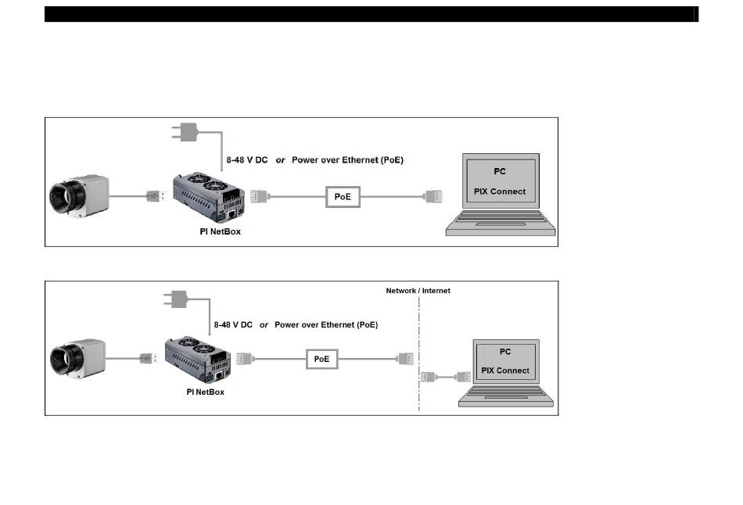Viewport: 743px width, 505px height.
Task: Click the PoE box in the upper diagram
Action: pyautogui.click(x=343, y=196)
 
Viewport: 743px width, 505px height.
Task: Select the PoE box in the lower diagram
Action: pyautogui.click(x=321, y=359)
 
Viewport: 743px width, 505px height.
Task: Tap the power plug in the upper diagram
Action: pyautogui.click(x=185, y=132)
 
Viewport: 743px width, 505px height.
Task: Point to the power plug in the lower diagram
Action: pyautogui.click(x=175, y=299)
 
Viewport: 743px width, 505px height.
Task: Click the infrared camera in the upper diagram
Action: pyautogui.click(x=79, y=196)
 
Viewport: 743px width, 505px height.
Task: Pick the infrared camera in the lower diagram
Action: pyautogui.click(x=77, y=359)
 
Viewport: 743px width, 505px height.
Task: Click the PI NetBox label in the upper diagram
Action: pyautogui.click(x=220, y=231)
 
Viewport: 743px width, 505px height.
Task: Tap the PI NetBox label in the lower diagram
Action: pyautogui.click(x=205, y=392)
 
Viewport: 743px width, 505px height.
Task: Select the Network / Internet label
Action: pyautogui.click(x=418, y=291)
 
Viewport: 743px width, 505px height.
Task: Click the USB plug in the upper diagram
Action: pyautogui.click(x=156, y=195)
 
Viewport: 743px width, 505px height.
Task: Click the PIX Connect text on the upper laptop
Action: pyautogui.click(x=500, y=192)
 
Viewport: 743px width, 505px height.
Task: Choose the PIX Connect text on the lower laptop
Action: pyautogui.click(x=505, y=371)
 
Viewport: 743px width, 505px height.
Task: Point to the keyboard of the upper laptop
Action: pyautogui.click(x=501, y=217)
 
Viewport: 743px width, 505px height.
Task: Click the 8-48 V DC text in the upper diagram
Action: pyautogui.click(x=247, y=160)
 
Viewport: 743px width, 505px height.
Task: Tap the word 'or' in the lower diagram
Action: pyautogui.click(x=264, y=325)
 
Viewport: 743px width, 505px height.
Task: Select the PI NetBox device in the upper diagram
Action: pyautogui.click(x=209, y=197)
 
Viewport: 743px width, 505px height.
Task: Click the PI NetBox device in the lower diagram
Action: pyautogui.click(x=198, y=360)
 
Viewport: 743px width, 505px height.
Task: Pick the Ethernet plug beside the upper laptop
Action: pyautogui.click(x=433, y=196)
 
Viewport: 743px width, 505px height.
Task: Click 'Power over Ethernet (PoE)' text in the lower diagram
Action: pyautogui.click(x=326, y=325)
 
